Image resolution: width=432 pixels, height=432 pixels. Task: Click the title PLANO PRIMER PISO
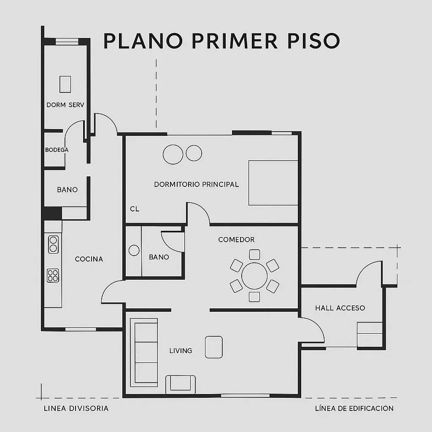click(x=221, y=41)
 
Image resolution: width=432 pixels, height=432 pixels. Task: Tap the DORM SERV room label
click(x=65, y=105)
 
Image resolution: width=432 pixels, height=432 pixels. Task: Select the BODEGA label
click(x=57, y=150)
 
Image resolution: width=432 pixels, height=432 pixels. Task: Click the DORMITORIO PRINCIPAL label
click(x=197, y=184)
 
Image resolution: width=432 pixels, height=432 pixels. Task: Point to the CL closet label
click(x=135, y=209)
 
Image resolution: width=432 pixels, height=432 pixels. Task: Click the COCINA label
click(x=89, y=259)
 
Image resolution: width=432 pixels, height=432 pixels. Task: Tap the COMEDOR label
click(x=236, y=240)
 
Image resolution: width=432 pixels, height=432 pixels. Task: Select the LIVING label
click(x=181, y=351)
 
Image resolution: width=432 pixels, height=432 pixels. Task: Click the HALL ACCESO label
click(x=340, y=308)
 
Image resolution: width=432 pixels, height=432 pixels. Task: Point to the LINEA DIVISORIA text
click(x=76, y=408)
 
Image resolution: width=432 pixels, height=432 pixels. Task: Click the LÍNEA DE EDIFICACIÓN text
click(x=354, y=408)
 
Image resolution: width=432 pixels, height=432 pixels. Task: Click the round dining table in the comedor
click(x=254, y=276)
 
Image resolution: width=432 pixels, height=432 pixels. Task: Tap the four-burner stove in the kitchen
click(x=53, y=275)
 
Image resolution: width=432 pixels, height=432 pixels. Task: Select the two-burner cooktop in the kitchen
click(x=54, y=244)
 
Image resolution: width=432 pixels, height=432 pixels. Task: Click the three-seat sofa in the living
click(x=144, y=353)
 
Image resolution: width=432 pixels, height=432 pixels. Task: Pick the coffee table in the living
click(x=214, y=347)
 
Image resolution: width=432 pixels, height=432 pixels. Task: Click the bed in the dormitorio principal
click(x=273, y=183)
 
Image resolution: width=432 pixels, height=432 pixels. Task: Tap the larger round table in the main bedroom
click(x=173, y=154)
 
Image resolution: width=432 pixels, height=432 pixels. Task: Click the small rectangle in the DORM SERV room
click(x=65, y=84)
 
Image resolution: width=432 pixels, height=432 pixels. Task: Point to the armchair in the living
click(x=181, y=384)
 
